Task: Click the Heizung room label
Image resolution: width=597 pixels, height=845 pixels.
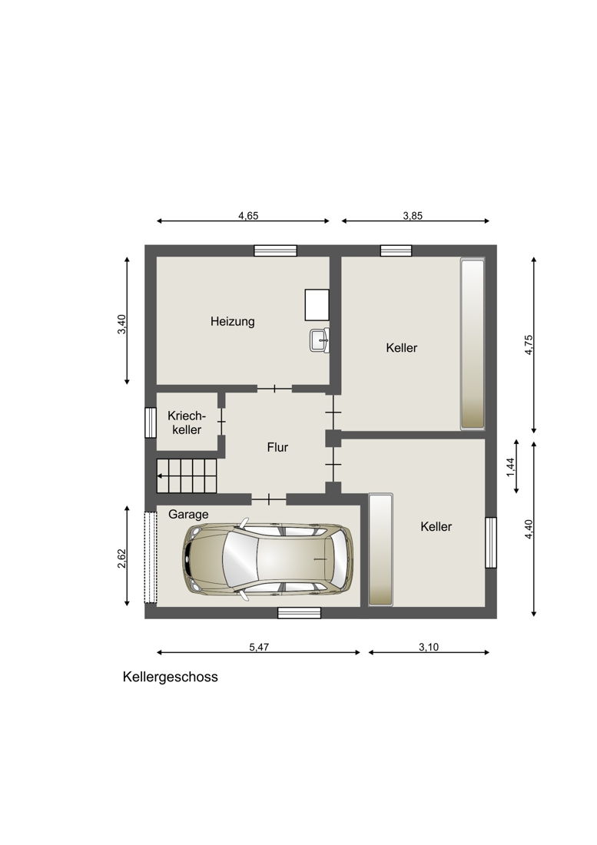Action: (x=232, y=322)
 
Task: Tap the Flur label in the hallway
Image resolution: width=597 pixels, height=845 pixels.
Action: (x=277, y=447)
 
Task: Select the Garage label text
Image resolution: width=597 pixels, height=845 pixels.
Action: (x=188, y=515)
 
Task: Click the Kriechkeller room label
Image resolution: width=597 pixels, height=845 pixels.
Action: (x=187, y=422)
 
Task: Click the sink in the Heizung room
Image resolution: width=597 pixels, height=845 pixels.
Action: (x=319, y=340)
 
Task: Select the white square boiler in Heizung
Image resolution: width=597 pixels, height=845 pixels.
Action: (x=317, y=305)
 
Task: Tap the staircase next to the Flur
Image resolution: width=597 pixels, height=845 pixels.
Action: (x=187, y=476)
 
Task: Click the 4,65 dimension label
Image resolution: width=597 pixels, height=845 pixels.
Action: (x=248, y=216)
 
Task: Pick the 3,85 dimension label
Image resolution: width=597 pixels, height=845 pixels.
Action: (x=413, y=216)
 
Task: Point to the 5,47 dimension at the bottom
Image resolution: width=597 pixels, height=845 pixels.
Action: (x=259, y=648)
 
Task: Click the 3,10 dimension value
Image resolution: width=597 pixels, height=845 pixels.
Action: (x=429, y=648)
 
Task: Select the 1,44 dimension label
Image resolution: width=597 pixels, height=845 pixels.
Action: (x=511, y=466)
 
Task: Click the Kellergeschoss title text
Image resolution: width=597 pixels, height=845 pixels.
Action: (x=170, y=678)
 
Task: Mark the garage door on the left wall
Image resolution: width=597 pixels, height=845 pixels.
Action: (x=151, y=557)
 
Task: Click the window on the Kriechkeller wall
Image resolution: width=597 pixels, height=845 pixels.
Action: (x=151, y=422)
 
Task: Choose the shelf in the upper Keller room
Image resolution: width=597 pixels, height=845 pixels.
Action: (x=472, y=343)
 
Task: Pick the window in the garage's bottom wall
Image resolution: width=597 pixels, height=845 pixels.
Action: (x=299, y=612)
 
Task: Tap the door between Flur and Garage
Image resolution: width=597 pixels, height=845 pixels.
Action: (x=268, y=499)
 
